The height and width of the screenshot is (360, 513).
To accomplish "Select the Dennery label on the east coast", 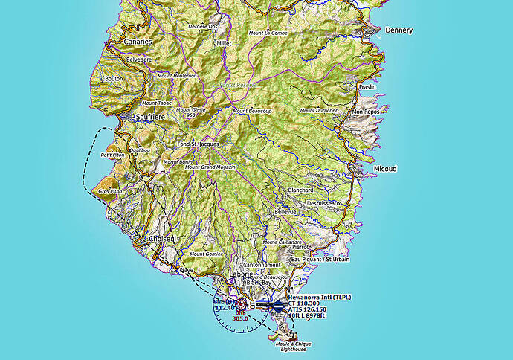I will (x=399, y=30).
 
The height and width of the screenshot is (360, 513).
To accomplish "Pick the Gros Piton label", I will (x=109, y=191).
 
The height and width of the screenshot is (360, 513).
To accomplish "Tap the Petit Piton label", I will (x=112, y=155).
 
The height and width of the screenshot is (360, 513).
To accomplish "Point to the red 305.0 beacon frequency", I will (x=239, y=318).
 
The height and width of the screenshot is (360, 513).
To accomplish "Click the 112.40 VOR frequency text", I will (x=224, y=306).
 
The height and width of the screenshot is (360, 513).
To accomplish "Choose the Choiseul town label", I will (x=161, y=239).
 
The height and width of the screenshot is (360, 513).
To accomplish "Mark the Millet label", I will (x=224, y=43).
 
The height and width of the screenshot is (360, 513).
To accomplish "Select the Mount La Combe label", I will (x=268, y=33).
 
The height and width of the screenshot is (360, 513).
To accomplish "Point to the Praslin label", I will (x=367, y=87).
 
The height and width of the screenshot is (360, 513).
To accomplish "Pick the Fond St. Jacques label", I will (x=198, y=144).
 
